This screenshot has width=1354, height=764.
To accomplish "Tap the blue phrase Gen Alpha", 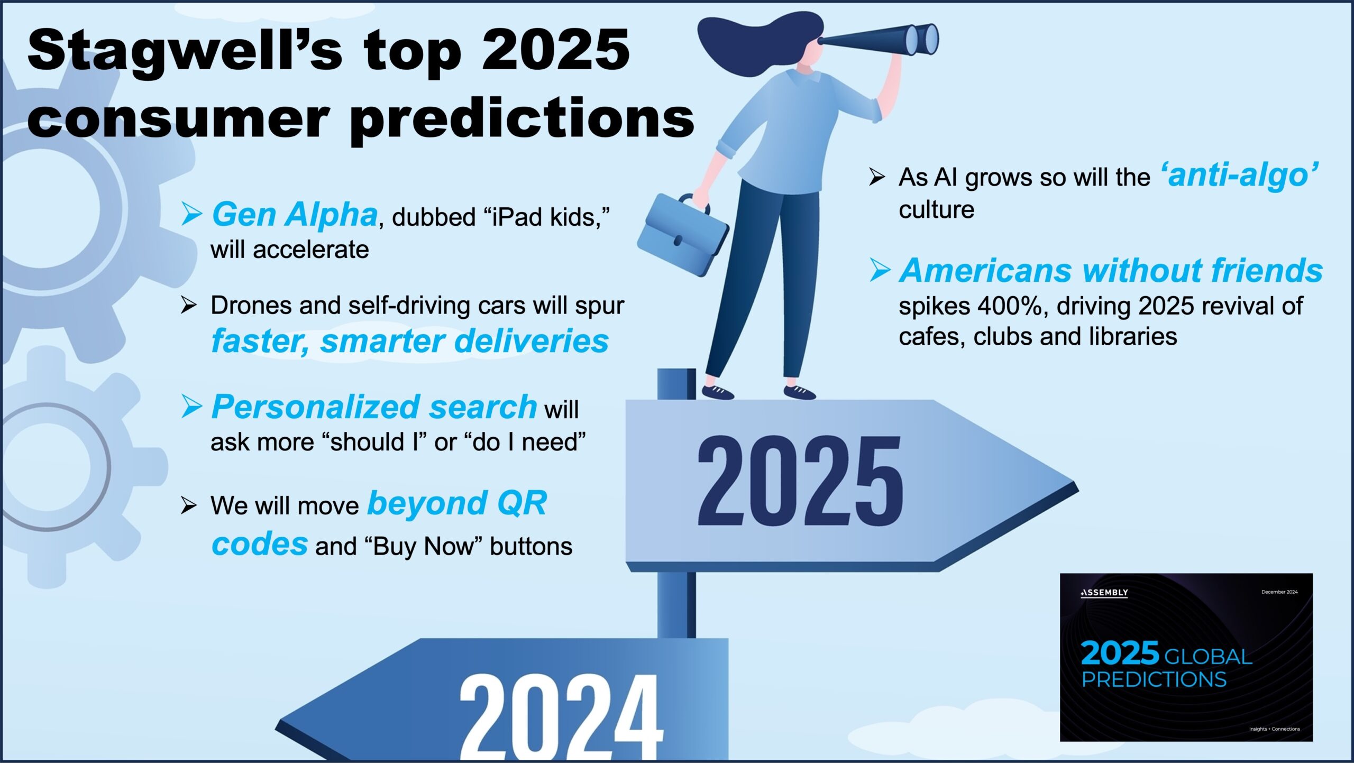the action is tap(295, 215).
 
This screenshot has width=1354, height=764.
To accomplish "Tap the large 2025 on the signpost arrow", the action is tap(800, 481).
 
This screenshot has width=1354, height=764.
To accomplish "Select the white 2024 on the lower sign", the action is tap(561, 717).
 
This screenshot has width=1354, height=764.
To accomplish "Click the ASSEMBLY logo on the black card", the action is tap(1104, 593).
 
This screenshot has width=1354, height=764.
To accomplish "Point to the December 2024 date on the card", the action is tap(1279, 592).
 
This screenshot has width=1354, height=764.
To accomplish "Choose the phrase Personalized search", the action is tap(374, 407).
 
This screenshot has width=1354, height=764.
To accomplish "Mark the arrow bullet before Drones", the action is tap(188, 305).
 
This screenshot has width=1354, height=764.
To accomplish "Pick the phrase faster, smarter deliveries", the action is tap(410, 342).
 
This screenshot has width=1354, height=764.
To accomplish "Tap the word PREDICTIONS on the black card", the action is tap(1154, 679).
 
